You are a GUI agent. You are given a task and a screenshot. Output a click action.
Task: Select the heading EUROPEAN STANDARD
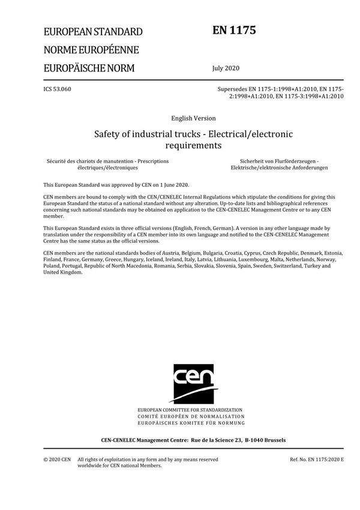93,31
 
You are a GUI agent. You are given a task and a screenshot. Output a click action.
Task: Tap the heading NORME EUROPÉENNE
91,49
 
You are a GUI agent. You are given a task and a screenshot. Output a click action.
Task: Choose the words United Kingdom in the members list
62,272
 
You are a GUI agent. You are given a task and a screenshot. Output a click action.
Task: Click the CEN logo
193,382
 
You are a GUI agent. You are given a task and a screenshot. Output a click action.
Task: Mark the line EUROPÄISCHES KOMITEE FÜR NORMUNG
191,422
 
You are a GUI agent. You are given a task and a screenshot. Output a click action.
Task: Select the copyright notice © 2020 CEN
57,459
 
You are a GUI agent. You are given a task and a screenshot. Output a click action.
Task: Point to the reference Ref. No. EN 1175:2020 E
317,459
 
